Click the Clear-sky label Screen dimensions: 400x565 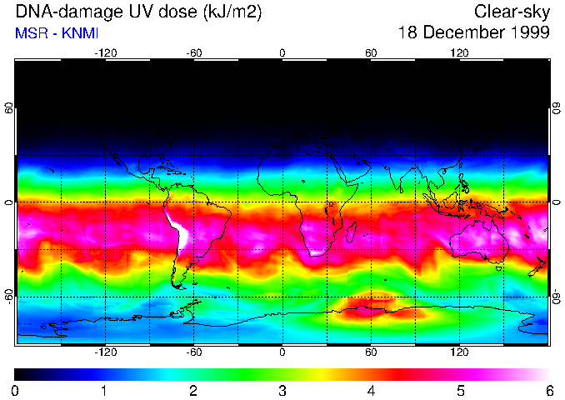pyautogui.click(x=512, y=12)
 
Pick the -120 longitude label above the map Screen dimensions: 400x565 pyautogui.click(x=105, y=52)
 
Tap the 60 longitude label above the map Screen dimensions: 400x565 pyautogui.click(x=371, y=52)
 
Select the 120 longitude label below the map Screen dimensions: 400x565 pyautogui.click(x=459, y=352)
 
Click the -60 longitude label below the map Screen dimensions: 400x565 pyautogui.click(x=194, y=352)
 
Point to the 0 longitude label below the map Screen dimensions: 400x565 pyautogui.click(x=282, y=352)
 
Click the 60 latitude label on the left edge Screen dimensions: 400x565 pyautogui.click(x=8, y=108)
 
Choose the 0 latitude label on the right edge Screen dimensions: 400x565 pyautogui.click(x=556, y=202)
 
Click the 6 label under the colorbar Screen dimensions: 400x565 pyautogui.click(x=548, y=390)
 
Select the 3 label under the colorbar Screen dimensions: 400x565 pyautogui.click(x=282, y=390)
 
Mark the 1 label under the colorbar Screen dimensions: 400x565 pyautogui.click(x=104, y=390)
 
